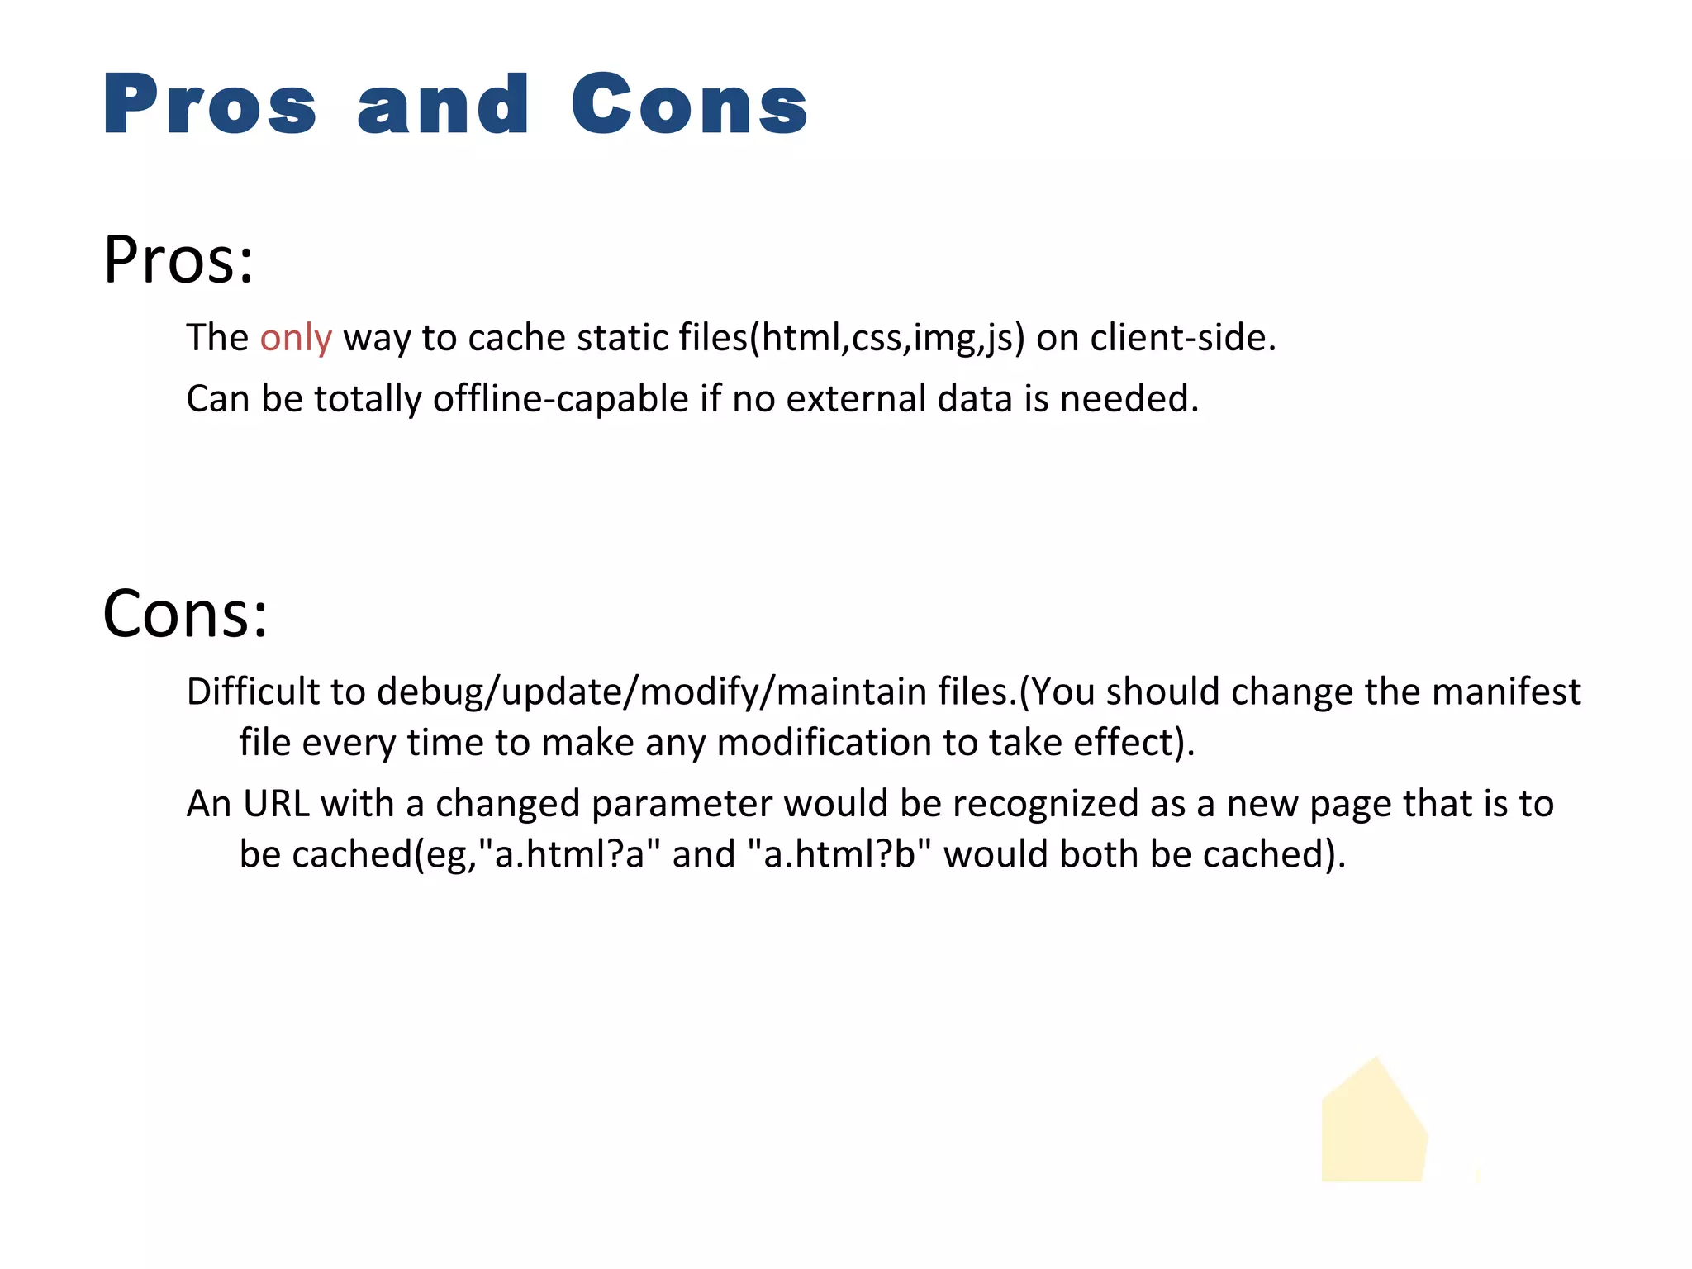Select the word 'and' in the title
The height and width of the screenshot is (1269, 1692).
pos(443,106)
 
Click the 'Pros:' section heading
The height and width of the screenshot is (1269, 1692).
pos(178,260)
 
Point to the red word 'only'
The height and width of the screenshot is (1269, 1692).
pos(296,338)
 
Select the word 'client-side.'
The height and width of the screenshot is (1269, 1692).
pos(1183,338)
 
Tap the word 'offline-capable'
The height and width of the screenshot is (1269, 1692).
pos(560,399)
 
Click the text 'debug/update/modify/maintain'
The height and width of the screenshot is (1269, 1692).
pos(652,692)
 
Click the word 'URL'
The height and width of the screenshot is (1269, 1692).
pos(276,804)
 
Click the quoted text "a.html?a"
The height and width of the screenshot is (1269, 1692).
pos(570,854)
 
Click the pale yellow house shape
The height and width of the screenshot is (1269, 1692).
pos(1372,1127)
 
